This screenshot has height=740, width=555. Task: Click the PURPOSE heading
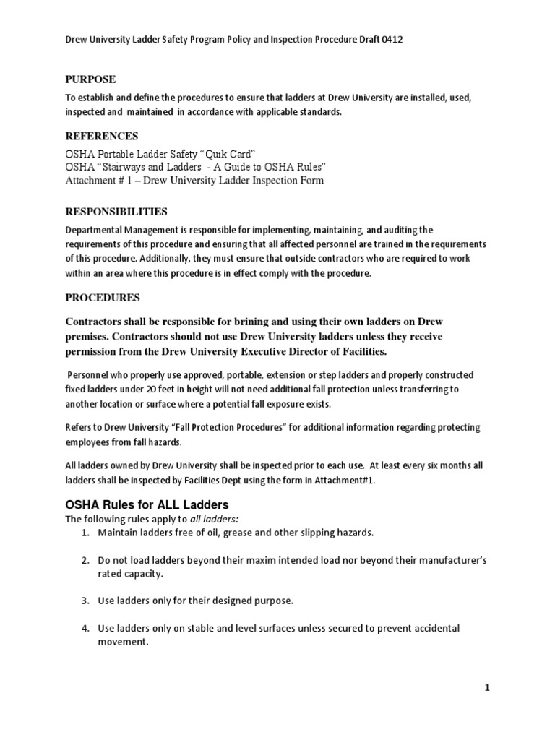(x=90, y=79)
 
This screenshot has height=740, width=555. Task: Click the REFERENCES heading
(x=102, y=136)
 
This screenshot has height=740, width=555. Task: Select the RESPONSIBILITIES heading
(x=116, y=212)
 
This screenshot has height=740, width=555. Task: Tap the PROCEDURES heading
(x=103, y=298)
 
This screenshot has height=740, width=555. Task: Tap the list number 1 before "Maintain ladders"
(x=85, y=533)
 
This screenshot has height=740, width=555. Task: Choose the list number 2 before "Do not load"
(x=85, y=560)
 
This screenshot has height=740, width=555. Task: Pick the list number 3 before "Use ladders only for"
(x=85, y=601)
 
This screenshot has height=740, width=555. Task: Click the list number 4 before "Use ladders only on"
(x=85, y=628)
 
